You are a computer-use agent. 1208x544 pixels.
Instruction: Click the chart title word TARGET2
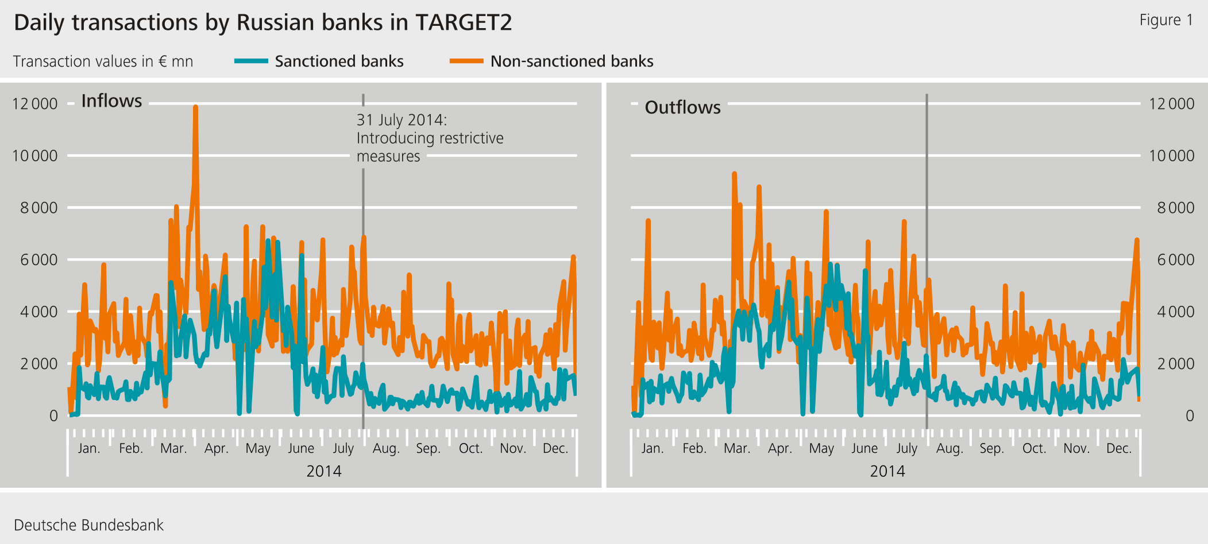pos(463,23)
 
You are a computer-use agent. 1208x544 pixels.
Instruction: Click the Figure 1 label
pos(1165,20)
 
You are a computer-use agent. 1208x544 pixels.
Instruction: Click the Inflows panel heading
pos(111,101)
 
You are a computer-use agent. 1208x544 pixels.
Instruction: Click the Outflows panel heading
pos(682,107)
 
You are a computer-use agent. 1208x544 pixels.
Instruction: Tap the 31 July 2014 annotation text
pos(429,138)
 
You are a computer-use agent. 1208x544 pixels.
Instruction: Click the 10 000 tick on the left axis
pos(35,156)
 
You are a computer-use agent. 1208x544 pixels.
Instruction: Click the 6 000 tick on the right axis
pos(1175,260)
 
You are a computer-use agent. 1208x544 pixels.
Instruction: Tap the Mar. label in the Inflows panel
pos(173,448)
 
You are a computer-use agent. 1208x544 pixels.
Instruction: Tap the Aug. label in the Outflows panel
pos(950,448)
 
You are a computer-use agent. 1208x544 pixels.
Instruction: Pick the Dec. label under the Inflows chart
pos(555,448)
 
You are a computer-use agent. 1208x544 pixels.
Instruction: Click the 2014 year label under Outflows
pos(887,471)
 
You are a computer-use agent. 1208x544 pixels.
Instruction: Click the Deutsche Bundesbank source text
pos(88,525)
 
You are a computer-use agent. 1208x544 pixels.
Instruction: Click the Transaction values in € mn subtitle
pos(103,61)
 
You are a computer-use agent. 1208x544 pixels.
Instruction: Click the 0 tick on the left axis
pos(53,415)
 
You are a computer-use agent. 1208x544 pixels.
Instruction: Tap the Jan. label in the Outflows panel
pos(652,448)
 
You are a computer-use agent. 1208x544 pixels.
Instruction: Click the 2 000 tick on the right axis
pos(1175,364)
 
